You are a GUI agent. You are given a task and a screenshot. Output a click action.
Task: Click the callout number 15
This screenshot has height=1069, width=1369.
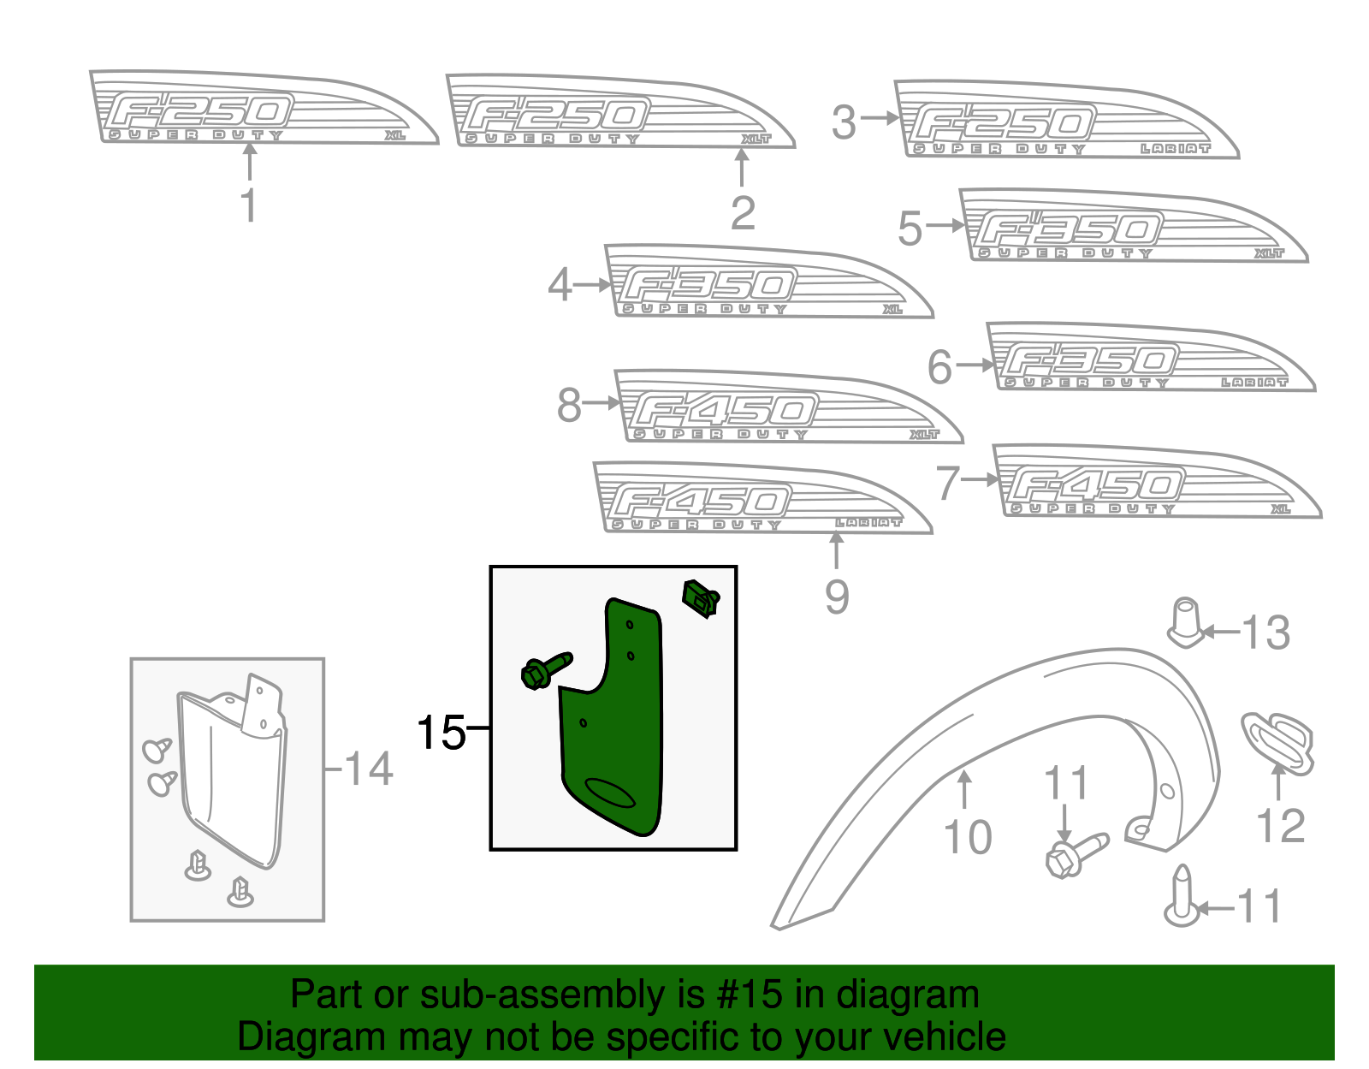(442, 733)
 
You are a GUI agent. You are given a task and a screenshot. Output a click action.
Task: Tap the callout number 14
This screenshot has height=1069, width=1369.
(369, 769)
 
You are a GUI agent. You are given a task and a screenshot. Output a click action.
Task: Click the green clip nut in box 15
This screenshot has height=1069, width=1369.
(700, 597)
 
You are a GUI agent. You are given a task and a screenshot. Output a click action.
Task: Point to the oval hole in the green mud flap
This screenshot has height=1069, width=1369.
(610, 793)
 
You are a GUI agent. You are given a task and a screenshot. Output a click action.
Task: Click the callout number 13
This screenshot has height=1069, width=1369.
(1265, 633)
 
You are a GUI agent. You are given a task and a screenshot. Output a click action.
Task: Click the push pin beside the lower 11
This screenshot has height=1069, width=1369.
(1181, 895)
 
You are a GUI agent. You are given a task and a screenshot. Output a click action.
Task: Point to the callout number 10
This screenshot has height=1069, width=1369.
(968, 837)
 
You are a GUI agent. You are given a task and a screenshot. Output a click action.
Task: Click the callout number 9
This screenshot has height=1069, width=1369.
(837, 597)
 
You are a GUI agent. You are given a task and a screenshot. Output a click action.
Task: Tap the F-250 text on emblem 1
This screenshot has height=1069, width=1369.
(201, 112)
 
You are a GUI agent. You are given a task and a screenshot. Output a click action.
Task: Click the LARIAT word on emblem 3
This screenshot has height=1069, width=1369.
(1176, 149)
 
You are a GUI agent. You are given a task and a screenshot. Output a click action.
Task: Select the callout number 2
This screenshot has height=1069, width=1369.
(743, 213)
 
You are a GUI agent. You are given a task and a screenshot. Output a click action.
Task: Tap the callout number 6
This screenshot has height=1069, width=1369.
(939, 368)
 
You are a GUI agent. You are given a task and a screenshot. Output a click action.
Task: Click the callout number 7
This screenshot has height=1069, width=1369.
(947, 484)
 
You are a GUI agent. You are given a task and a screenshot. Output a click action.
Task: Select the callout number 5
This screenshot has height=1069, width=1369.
(910, 229)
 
